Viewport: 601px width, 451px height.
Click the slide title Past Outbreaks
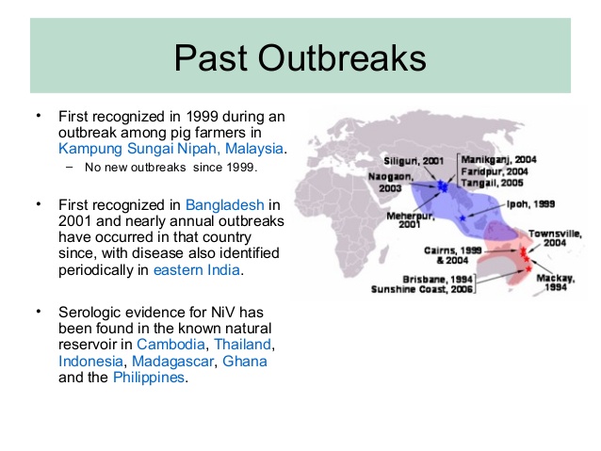(x=300, y=57)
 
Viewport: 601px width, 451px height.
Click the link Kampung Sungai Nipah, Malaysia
(x=171, y=148)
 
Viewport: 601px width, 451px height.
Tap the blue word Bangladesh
(x=225, y=205)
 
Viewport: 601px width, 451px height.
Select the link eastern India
(x=197, y=270)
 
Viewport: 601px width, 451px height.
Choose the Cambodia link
(x=171, y=344)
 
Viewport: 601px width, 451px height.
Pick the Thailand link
(x=243, y=344)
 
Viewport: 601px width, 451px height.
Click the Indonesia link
(x=90, y=361)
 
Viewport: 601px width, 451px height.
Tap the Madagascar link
(x=173, y=361)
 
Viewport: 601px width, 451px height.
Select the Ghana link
(x=245, y=361)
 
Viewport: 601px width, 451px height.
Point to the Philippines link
(x=149, y=378)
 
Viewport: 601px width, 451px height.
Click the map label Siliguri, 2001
(x=414, y=161)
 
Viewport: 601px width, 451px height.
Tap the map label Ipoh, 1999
(x=530, y=204)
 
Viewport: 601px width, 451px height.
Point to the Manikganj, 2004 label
(x=498, y=159)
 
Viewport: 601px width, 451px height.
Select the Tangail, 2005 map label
(x=492, y=183)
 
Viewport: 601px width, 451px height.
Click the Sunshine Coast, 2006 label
(x=422, y=289)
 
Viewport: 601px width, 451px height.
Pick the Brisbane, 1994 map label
(x=437, y=279)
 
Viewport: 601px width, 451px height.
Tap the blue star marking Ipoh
(x=463, y=218)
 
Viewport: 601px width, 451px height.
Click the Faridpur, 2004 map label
(x=495, y=171)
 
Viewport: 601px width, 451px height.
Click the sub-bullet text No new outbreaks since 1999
(x=171, y=168)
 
